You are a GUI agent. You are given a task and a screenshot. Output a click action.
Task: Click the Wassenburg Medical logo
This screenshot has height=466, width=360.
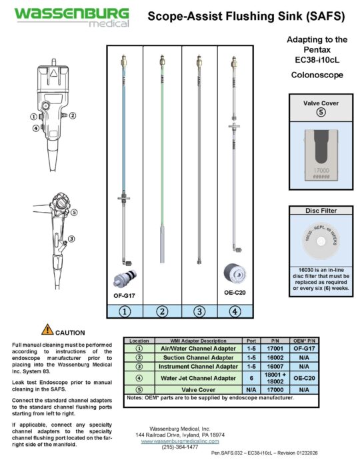coord(61,18)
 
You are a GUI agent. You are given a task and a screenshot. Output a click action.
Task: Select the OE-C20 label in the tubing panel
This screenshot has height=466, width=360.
coord(235,291)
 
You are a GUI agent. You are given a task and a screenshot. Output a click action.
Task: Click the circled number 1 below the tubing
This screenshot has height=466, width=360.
coord(125,310)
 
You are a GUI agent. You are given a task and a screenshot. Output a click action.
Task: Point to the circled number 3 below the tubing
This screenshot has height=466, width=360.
coord(198,310)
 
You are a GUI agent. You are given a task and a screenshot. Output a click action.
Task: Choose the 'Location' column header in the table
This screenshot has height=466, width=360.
coord(139,340)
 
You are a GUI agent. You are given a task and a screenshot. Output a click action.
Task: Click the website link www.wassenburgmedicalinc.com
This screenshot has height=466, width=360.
coord(180,441)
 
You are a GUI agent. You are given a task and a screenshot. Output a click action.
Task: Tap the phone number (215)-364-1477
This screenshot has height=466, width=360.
coord(180,447)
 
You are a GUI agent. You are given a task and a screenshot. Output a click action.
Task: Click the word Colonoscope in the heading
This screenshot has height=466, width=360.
coord(317,75)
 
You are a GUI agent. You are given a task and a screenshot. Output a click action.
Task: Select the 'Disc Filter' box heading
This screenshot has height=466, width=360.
coord(317,210)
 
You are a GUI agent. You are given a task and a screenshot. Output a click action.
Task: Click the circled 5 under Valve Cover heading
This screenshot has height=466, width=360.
coord(317,113)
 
